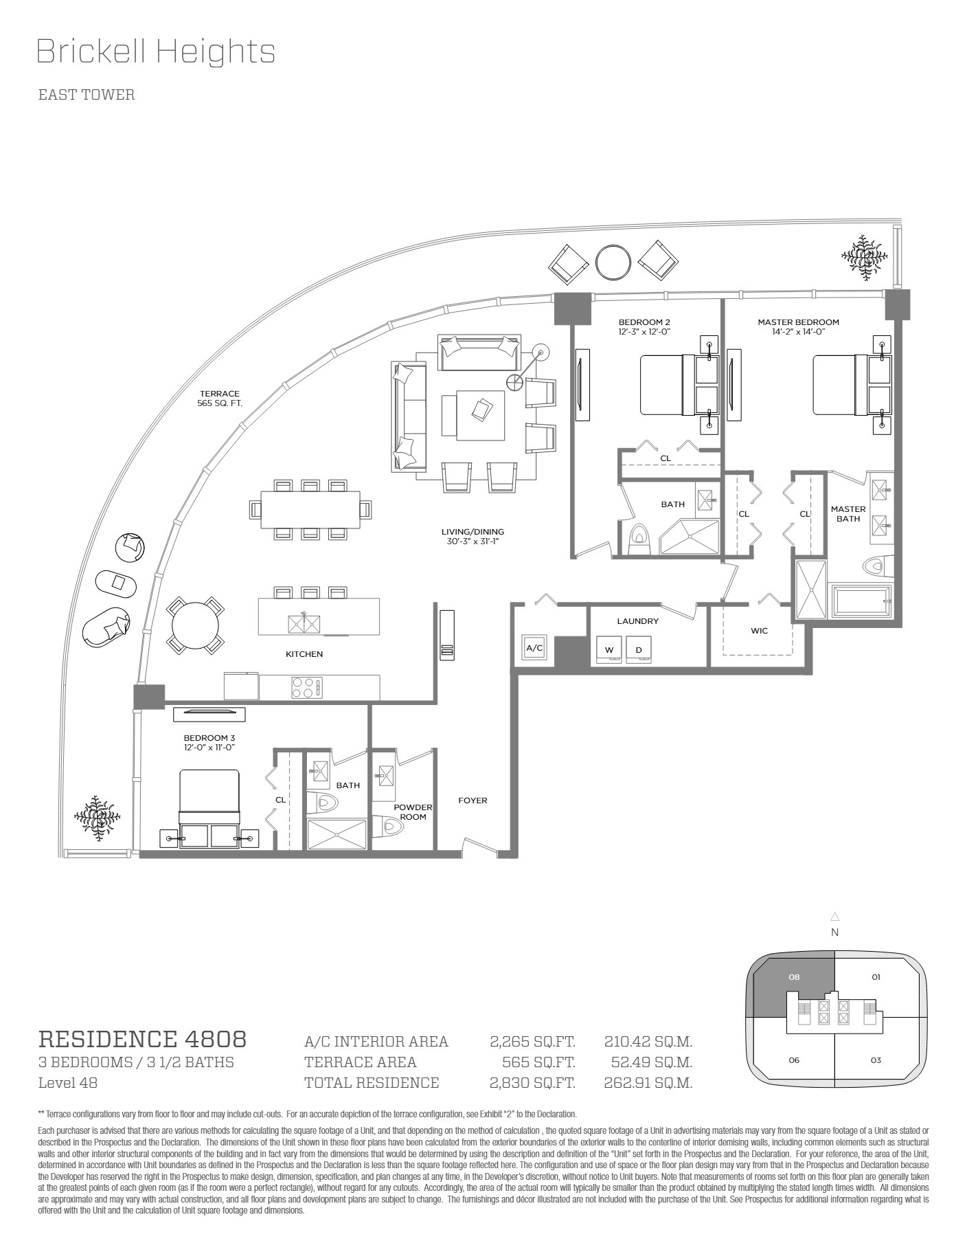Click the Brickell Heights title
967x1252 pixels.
(x=155, y=52)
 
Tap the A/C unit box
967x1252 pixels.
(x=534, y=647)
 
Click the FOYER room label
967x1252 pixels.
(x=473, y=801)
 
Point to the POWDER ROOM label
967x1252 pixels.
(x=413, y=812)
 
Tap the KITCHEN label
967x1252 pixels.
(x=304, y=654)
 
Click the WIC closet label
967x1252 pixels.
(x=759, y=631)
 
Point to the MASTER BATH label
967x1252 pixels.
(x=848, y=514)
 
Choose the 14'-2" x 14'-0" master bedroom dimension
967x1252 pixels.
(x=798, y=331)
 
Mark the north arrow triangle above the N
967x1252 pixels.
(x=835, y=917)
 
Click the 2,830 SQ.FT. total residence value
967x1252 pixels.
(x=532, y=1083)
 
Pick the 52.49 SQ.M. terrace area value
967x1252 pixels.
(x=651, y=1062)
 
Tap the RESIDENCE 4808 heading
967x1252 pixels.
(x=142, y=1039)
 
